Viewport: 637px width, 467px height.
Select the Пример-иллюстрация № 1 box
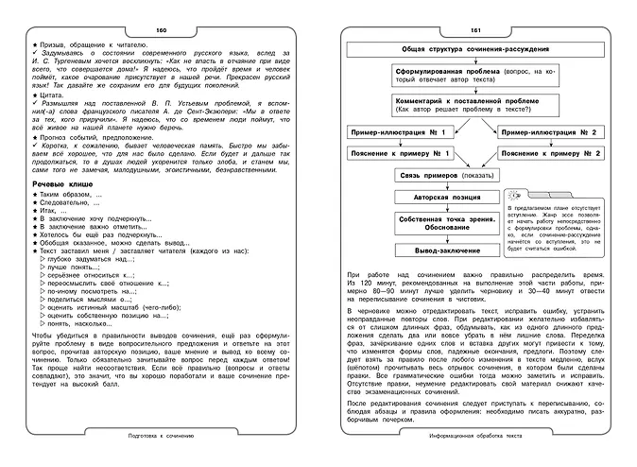[x=388, y=132]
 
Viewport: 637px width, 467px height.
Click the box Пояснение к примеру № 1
[x=388, y=153]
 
